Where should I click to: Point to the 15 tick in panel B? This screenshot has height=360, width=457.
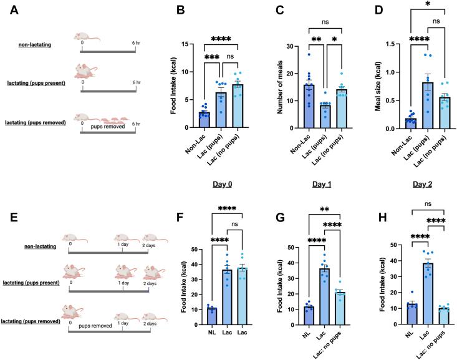[x=176, y=44]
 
